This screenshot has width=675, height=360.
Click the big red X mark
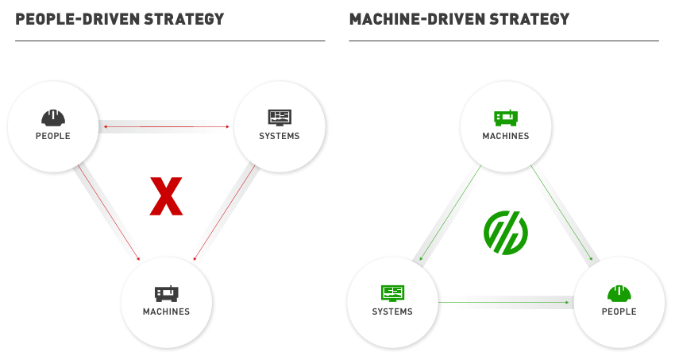click(167, 197)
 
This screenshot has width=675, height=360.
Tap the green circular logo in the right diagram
click(506, 232)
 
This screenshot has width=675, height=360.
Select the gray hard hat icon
click(53, 118)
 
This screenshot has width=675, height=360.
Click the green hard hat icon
click(619, 293)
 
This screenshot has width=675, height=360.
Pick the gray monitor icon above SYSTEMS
click(280, 118)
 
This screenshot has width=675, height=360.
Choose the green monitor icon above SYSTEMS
click(392, 293)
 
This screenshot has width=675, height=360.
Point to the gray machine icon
click(167, 293)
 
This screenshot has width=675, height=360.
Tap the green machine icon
click(506, 118)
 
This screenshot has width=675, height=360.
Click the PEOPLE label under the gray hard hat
click(53, 136)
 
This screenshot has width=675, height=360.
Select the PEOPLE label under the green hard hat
click(619, 312)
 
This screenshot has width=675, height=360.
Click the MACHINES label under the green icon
click(506, 136)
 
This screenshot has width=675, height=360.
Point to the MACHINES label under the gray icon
click(167, 312)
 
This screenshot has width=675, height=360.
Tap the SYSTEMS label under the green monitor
click(392, 312)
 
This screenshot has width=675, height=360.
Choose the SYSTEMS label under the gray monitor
click(280, 136)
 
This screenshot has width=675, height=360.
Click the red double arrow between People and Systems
click(166, 126)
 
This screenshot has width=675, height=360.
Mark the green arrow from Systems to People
click(504, 302)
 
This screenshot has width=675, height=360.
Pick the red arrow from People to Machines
click(109, 213)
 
